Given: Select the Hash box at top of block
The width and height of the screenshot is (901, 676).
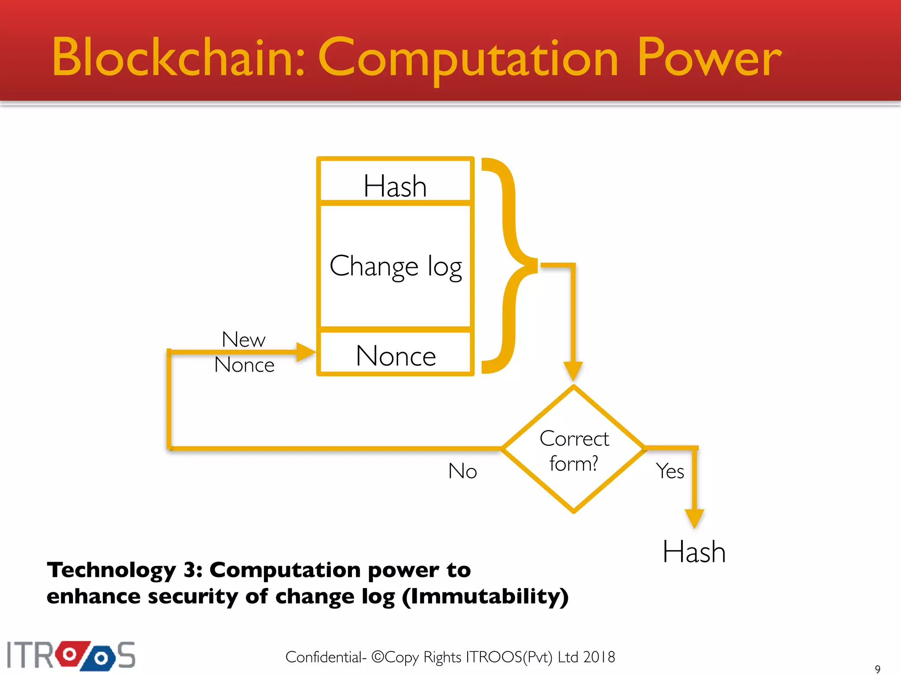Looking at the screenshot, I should (x=395, y=185).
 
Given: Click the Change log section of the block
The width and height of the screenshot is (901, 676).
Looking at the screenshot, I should (x=395, y=266).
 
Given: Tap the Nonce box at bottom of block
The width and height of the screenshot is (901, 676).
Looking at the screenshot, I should (x=395, y=355).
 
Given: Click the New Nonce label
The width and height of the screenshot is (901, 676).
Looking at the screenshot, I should (x=244, y=352).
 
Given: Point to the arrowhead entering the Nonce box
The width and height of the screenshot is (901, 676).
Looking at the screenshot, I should (x=306, y=352).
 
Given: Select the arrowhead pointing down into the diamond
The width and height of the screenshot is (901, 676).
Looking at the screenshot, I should (x=573, y=371).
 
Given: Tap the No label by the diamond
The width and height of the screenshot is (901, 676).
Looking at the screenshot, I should (x=462, y=471).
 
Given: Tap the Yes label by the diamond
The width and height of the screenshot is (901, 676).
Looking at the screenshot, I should (x=670, y=471).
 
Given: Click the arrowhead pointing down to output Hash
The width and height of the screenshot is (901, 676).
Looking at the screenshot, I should (x=694, y=518).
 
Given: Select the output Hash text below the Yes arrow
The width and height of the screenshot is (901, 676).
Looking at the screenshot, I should (x=694, y=552).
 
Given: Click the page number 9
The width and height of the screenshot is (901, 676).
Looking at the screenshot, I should (x=877, y=669).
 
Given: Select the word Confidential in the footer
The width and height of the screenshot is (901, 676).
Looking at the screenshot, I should (x=323, y=657).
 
